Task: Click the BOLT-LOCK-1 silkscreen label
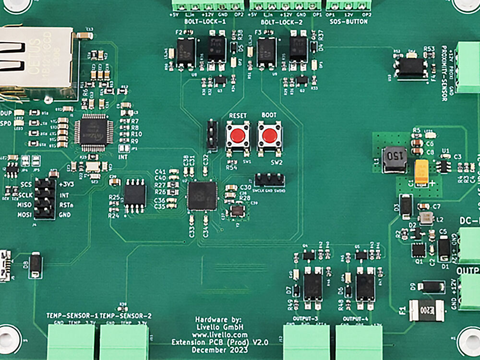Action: click(x=204, y=22)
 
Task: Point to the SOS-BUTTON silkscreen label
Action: click(x=349, y=22)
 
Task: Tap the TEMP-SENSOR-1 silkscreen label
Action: click(x=72, y=315)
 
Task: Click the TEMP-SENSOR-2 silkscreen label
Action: click(x=126, y=315)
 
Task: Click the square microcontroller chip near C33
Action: click(x=202, y=196)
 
